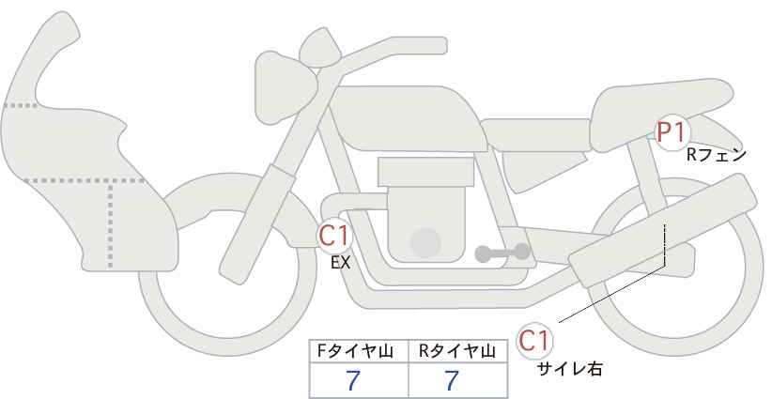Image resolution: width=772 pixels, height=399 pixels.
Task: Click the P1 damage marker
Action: point(672,132)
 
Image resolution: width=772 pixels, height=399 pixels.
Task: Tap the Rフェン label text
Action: point(717,156)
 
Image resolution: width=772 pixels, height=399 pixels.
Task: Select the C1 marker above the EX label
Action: point(334,236)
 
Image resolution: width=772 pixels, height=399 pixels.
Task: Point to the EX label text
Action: point(340,263)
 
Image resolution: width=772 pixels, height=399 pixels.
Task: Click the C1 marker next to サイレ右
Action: point(534,341)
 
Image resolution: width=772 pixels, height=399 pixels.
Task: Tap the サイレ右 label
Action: point(570,369)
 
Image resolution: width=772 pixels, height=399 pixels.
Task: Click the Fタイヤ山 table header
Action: point(355,351)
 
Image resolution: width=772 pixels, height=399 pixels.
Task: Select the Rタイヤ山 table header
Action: point(457,351)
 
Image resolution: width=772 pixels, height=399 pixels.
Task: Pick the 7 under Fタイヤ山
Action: point(353,381)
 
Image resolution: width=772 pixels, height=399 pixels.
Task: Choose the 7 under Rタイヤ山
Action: point(452,381)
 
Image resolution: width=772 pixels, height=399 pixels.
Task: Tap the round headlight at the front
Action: point(286,87)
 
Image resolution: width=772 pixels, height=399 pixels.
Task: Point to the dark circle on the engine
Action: point(425,243)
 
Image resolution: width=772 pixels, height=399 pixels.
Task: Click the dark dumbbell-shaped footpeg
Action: point(502,253)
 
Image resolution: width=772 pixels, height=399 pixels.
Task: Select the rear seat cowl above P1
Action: point(659,117)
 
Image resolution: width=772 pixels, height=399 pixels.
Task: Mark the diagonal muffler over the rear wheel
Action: point(662,230)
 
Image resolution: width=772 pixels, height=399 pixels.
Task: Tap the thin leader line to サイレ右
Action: point(612,294)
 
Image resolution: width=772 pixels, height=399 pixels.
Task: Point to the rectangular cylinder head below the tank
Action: point(425,172)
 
